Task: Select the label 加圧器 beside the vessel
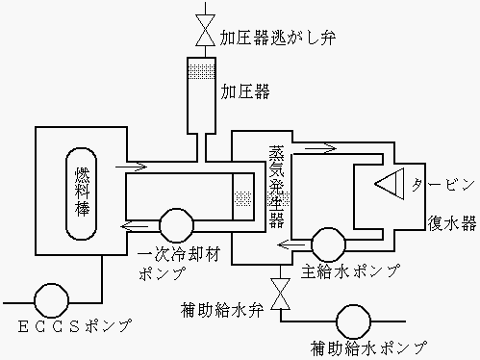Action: pyautogui.click(x=244, y=93)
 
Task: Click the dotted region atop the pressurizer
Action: pyautogui.click(x=203, y=70)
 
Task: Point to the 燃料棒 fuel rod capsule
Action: pyautogui.click(x=81, y=192)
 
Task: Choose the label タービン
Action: pyautogui.click(x=444, y=183)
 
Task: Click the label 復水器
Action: pyautogui.click(x=451, y=224)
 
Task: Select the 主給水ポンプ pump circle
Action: pyautogui.click(x=325, y=241)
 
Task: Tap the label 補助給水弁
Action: pyautogui.click(x=223, y=311)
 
